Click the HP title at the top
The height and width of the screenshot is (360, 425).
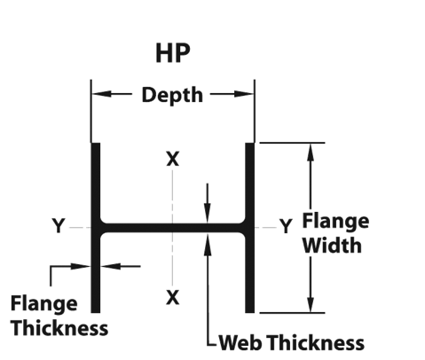point(173,53)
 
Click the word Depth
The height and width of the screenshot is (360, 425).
point(172,95)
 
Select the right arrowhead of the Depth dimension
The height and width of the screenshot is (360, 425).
point(243,94)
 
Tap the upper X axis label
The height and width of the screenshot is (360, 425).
point(173,159)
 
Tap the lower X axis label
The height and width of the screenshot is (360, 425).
point(173,297)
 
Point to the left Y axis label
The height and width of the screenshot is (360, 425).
point(59,226)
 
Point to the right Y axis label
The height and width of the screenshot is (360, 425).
point(286,226)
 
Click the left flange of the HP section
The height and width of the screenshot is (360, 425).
point(96,228)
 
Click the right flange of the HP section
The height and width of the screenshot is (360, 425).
point(250,228)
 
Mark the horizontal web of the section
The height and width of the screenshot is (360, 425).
point(173,228)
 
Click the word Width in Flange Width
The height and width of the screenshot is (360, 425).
point(332,246)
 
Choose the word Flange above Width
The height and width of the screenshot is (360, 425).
point(335,221)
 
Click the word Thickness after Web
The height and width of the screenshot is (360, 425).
point(317,343)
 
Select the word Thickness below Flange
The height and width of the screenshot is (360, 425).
point(60,328)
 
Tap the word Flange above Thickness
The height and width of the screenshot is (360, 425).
point(44,304)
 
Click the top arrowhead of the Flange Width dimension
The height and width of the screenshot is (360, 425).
point(311,153)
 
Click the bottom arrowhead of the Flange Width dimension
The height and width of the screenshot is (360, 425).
point(311,302)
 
